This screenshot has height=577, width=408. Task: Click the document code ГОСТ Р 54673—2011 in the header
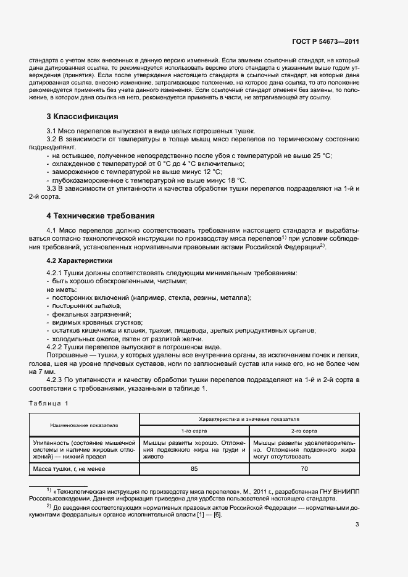[325, 41]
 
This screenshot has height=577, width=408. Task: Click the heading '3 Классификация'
[83, 117]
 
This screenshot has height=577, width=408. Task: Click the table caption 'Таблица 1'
[49, 403]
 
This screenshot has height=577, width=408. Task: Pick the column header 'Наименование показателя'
[85, 425]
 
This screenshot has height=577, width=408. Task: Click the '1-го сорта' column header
[194, 431]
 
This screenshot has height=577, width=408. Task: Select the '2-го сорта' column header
[304, 431]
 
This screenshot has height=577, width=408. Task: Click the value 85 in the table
[194, 468]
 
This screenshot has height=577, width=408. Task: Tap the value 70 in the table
[304, 468]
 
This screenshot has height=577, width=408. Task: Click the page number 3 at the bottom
[357, 525]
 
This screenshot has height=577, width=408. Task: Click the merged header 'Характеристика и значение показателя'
[249, 418]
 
